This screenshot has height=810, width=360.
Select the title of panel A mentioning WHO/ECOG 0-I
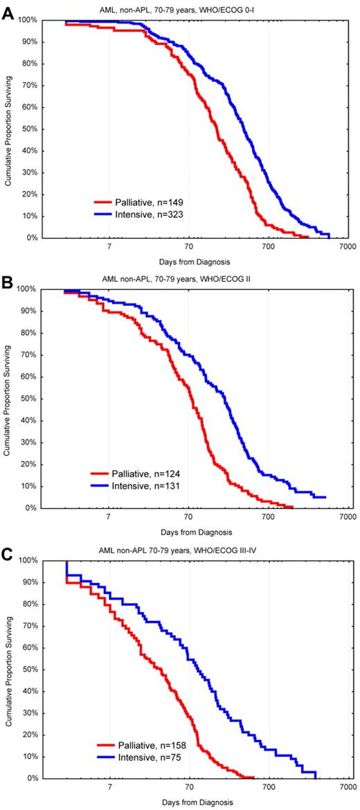(192, 9)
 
